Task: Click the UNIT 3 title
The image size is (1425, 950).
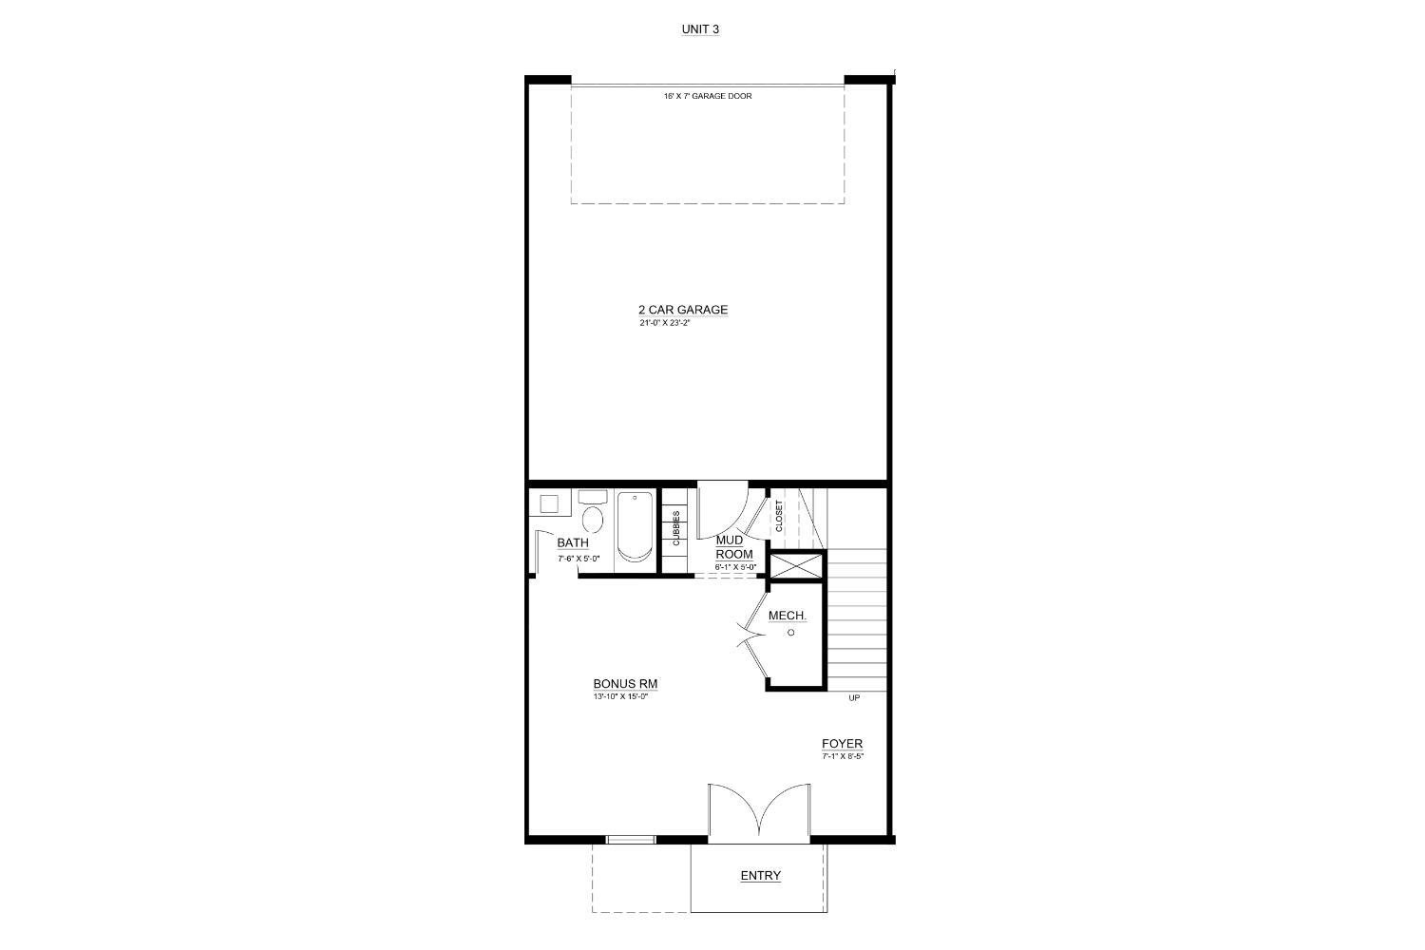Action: pyautogui.click(x=700, y=29)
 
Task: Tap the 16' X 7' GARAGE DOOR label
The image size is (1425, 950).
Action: pyautogui.click(x=708, y=96)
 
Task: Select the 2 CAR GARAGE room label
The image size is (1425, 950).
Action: pyautogui.click(x=683, y=310)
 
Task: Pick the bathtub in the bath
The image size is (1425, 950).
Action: pyautogui.click(x=633, y=527)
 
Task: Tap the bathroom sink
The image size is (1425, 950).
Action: pyautogui.click(x=548, y=503)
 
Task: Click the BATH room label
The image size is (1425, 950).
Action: pyautogui.click(x=573, y=543)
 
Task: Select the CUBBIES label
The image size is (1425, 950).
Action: pyautogui.click(x=676, y=527)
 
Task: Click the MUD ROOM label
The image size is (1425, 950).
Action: pyautogui.click(x=733, y=547)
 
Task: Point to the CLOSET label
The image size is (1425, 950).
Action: pyautogui.click(x=780, y=516)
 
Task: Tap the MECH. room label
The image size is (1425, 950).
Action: pyautogui.click(x=788, y=616)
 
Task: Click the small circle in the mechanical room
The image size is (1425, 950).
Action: pyautogui.click(x=790, y=632)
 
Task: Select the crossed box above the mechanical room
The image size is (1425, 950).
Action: pyautogui.click(x=796, y=566)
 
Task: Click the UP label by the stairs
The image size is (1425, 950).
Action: pyautogui.click(x=854, y=698)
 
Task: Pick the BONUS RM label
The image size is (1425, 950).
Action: pyautogui.click(x=625, y=684)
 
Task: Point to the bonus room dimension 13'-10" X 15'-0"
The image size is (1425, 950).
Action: pyautogui.click(x=619, y=696)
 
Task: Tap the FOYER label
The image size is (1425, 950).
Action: pyautogui.click(x=843, y=744)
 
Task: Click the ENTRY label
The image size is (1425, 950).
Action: pyautogui.click(x=760, y=876)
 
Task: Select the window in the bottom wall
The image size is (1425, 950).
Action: pyautogui.click(x=631, y=839)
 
